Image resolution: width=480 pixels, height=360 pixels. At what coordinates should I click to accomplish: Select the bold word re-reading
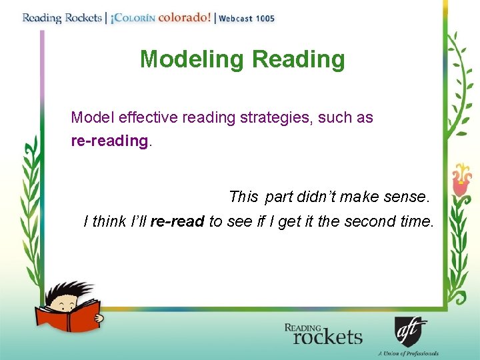click(109, 141)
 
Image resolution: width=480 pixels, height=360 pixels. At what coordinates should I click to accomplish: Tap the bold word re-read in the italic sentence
click(177, 222)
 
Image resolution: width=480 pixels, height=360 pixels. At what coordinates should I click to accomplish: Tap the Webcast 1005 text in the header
click(247, 19)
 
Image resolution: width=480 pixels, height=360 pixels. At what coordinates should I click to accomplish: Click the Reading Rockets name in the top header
click(61, 18)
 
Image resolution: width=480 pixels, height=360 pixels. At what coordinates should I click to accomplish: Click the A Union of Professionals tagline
click(408, 353)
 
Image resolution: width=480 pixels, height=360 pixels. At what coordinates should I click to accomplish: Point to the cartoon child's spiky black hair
click(67, 291)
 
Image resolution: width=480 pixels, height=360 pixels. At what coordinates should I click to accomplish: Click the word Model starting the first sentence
click(93, 118)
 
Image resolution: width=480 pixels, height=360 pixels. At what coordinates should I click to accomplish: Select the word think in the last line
click(109, 222)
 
